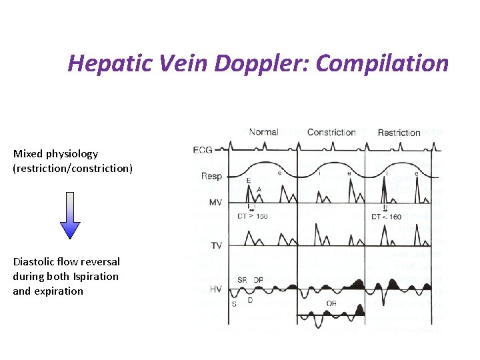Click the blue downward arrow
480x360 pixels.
point(70,215)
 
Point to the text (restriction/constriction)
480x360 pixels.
point(73,169)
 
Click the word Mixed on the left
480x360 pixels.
point(27,154)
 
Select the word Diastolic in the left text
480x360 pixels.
point(35,262)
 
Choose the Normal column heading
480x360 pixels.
point(263,132)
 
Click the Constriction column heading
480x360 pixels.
point(331,132)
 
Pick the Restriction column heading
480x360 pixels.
point(399,132)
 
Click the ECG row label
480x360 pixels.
point(211,149)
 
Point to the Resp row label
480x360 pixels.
point(211,176)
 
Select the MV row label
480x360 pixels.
point(215,203)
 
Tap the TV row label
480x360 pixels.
point(216,245)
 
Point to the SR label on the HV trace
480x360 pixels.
point(242,279)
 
